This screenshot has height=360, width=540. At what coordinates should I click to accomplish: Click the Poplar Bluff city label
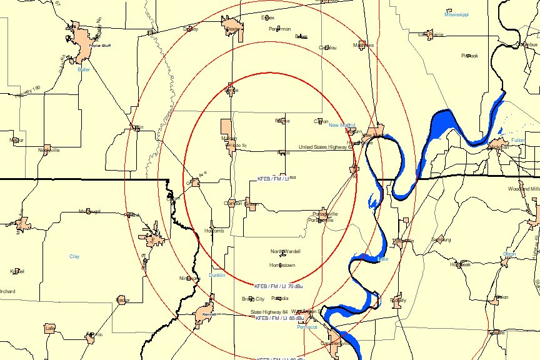[x=96, y=46]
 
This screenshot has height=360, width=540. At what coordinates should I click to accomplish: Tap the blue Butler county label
[x=84, y=69]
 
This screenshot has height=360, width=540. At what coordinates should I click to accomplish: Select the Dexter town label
[x=232, y=29]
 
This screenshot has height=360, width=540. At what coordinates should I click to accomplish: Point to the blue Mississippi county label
[x=456, y=14]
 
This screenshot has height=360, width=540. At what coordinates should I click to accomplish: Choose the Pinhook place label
[x=469, y=56]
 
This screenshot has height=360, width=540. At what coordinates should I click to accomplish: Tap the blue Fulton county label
[x=518, y=140]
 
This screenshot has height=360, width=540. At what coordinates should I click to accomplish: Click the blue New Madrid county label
[x=342, y=125]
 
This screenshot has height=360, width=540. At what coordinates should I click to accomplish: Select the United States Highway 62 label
[x=325, y=147]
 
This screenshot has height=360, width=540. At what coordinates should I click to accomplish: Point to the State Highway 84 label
[x=269, y=312]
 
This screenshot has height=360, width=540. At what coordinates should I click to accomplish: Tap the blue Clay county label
[x=74, y=256]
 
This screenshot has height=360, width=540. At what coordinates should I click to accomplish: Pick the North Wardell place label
[x=285, y=251]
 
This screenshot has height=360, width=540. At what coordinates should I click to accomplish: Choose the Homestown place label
[x=282, y=265]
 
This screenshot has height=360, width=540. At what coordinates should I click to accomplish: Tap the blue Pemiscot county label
[x=307, y=327]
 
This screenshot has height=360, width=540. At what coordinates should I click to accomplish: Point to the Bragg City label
[x=253, y=299]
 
